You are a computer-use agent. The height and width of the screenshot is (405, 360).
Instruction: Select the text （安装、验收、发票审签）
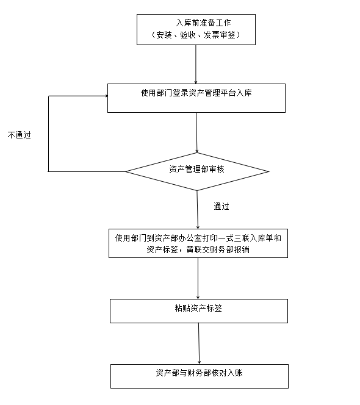point(196,35)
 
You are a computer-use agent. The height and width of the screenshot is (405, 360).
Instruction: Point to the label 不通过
point(20,135)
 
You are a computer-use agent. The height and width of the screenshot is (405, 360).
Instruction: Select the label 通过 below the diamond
point(221,206)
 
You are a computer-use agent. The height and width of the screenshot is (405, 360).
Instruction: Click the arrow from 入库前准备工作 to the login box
point(196,64)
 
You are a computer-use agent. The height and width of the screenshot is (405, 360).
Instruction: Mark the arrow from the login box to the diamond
point(196,132)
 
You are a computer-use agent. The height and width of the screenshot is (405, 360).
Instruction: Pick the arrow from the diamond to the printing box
point(198,210)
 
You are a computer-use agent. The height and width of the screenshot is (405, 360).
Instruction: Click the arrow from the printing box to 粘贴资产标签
point(198,278)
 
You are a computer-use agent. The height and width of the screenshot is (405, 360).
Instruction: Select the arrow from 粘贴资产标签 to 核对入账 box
point(199,344)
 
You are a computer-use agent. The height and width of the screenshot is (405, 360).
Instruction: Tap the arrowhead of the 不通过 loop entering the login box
point(106,96)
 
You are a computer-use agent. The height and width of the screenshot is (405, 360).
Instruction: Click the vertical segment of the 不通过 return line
point(49,134)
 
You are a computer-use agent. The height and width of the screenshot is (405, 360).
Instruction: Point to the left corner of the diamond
point(126,171)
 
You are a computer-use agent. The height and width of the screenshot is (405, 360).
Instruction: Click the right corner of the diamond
point(269,171)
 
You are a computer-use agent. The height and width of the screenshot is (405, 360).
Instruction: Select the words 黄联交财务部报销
point(218,249)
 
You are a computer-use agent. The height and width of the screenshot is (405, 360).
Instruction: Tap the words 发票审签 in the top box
point(220,35)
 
